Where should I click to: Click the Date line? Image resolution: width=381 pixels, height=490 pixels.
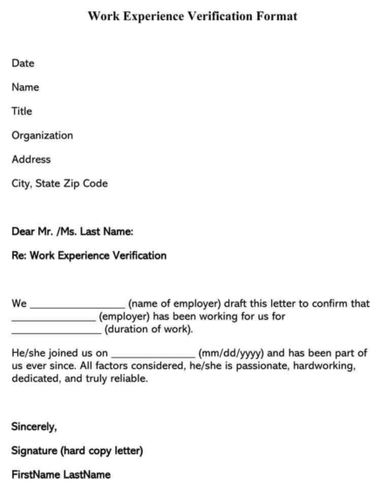click(x=23, y=63)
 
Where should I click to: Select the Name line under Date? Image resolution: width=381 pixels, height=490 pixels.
click(x=25, y=87)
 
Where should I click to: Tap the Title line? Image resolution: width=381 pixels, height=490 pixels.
click(x=22, y=112)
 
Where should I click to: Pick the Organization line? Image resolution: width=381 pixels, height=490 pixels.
click(x=42, y=135)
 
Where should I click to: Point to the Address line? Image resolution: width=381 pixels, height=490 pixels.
click(x=31, y=160)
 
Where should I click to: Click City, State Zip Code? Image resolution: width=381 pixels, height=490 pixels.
click(x=60, y=183)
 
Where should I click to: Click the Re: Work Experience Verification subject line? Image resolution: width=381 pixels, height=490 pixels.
click(x=88, y=255)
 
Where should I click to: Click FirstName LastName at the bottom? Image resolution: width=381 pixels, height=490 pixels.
click(x=60, y=475)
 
